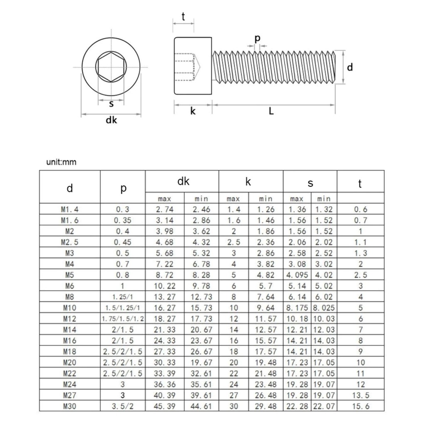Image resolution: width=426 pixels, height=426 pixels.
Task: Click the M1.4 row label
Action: click(69, 210)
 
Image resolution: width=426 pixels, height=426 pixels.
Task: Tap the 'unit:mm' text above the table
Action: click(61, 162)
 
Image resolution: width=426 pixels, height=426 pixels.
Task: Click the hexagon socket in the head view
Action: click(110, 67)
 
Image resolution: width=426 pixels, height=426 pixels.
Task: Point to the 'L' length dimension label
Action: click(271, 111)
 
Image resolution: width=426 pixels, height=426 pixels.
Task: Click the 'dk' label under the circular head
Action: click(111, 120)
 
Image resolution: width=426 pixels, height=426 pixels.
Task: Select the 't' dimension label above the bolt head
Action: click(183, 17)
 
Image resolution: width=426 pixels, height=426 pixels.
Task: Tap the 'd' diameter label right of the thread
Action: click(350, 67)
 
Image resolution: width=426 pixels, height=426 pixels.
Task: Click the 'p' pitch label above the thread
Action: click(258, 38)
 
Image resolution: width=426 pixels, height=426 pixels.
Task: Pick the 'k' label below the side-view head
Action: click(193, 111)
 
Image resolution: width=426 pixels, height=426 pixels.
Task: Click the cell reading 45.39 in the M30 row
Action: click(164, 406)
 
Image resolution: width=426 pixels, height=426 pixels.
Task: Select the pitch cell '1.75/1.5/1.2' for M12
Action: click(123, 319)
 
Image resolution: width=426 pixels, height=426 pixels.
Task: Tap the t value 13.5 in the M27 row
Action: click(360, 395)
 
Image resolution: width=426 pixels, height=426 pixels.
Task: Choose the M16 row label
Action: click(69, 341)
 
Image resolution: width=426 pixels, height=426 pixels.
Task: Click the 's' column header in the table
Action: click(310, 183)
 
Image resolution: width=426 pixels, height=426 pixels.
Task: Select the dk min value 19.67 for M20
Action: click(201, 362)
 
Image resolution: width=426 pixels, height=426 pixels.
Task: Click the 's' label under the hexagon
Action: click(111, 104)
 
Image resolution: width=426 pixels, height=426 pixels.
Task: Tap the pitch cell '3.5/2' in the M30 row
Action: click(123, 406)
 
